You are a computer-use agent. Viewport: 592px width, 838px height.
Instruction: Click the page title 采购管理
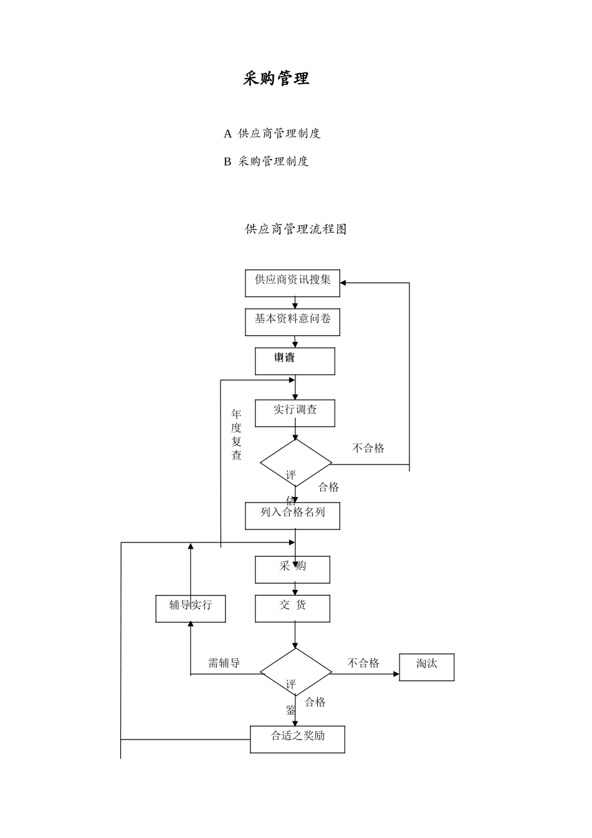pos(276,79)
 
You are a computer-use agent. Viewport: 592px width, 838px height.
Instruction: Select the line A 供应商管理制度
pos(272,133)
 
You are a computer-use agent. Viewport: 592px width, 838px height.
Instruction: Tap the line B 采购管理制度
pos(266,161)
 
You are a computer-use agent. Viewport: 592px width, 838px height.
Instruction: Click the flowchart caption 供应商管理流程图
pos(296,229)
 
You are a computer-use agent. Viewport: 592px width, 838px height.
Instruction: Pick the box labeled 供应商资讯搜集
pos(292,283)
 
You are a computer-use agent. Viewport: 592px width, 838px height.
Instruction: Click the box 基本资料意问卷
pos(292,322)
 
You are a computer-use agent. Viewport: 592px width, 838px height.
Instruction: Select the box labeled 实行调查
pos(295,413)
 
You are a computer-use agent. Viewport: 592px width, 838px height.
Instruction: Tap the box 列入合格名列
pos(292,516)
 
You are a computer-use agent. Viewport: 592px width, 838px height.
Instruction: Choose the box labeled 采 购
pos(292,569)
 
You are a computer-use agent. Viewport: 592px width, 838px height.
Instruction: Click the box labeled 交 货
pos(292,608)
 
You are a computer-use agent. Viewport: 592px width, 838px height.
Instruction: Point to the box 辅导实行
pos(191,609)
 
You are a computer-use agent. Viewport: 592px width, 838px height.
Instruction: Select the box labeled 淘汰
pos(427,667)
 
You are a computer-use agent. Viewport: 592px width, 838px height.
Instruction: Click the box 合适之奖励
pos(297,739)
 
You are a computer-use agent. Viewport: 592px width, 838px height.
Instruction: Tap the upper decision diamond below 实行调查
pos(295,463)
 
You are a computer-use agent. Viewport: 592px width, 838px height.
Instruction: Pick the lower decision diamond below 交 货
pos(295,673)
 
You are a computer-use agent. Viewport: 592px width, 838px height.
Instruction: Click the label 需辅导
pos(224,663)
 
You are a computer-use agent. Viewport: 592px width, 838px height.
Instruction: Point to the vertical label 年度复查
pos(236,435)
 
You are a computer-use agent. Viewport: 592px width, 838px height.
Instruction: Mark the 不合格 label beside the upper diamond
pos(368,448)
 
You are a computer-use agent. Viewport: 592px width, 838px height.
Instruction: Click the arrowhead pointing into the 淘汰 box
pos(396,674)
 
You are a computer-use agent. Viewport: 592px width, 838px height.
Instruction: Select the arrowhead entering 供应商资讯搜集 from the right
pos(343,283)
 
